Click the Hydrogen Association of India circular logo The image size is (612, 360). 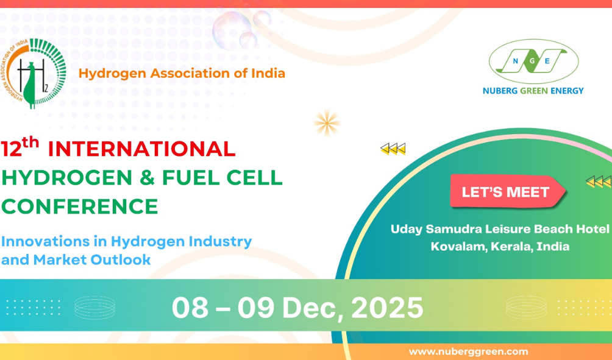coord(34,73)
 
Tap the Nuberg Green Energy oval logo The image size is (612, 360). coord(533,61)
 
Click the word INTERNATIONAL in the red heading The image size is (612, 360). coord(141,149)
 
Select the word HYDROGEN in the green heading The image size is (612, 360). coord(67,178)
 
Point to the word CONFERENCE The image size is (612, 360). coord(80,206)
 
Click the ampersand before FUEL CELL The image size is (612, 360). coord(148,178)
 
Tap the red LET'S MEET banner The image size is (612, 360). coord(507,191)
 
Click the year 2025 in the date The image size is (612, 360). coord(387,308)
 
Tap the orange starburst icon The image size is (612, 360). coord(327,123)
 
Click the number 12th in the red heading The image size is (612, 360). coord(20,147)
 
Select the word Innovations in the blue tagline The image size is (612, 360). coord(46,241)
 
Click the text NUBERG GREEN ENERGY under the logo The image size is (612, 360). coord(533,91)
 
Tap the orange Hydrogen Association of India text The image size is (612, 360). coord(182,73)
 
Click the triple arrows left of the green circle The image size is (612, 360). coord(393,149)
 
